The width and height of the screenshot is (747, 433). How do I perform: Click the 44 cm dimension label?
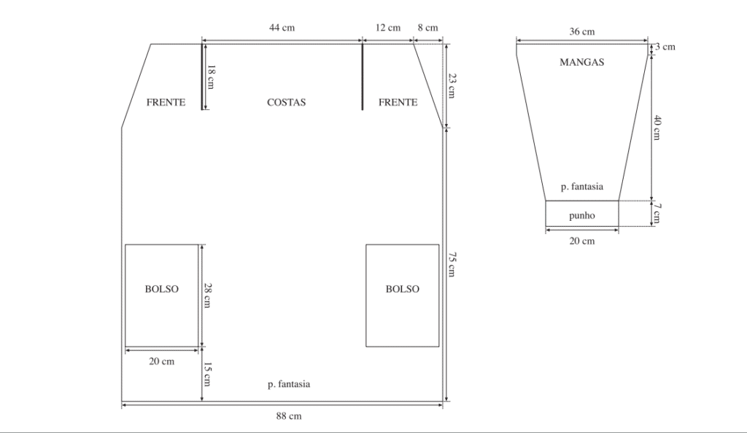coord(282,28)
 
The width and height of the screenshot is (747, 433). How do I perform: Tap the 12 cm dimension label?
coord(388,28)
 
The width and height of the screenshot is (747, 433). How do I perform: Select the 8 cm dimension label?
coord(427,28)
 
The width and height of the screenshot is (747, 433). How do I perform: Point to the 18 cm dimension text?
coord(211,77)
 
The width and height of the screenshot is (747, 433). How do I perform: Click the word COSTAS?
coord(286,102)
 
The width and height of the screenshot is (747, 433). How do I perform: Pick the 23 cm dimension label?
coord(452,85)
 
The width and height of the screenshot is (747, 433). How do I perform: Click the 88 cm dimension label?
coord(289,416)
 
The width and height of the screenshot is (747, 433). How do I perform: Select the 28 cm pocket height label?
coord(208,295)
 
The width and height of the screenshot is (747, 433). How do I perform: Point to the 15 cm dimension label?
coord(208,374)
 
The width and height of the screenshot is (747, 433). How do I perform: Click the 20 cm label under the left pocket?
coord(161,361)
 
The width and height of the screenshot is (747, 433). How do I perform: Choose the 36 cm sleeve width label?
coord(581,31)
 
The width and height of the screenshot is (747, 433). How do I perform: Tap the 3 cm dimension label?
coord(665,47)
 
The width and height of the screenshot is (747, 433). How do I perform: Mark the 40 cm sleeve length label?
coord(657,128)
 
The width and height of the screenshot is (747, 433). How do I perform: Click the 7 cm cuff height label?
coord(657,213)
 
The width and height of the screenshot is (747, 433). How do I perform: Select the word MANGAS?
coord(581,62)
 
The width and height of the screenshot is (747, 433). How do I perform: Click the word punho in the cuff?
coord(581,216)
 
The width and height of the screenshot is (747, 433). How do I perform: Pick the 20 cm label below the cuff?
coord(581,241)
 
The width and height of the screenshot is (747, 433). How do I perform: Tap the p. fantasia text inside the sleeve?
coord(581,187)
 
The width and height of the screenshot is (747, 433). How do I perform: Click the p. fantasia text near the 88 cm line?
coord(289,384)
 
